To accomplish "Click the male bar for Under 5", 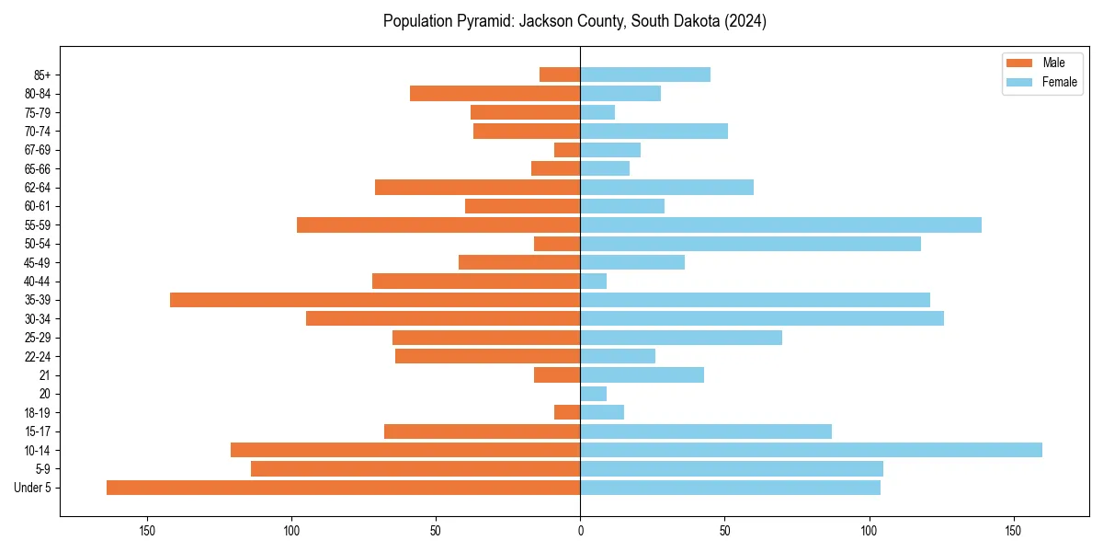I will point(343,488).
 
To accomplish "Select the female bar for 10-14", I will point(811,450).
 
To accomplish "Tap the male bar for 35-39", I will point(375,300).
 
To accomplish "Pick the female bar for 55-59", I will point(780,224).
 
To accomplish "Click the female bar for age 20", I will point(593,394).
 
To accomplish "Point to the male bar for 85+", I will point(560,75).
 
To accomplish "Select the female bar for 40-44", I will point(593,281).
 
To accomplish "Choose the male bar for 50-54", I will point(557,244).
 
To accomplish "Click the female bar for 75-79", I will point(597,112).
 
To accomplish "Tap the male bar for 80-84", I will point(495,93).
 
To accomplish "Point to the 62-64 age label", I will point(38,188).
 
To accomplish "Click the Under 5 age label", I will point(33,488).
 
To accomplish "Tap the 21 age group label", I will point(45,375).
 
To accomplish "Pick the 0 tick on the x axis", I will point(580,531).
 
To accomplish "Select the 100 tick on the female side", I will point(869,531).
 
